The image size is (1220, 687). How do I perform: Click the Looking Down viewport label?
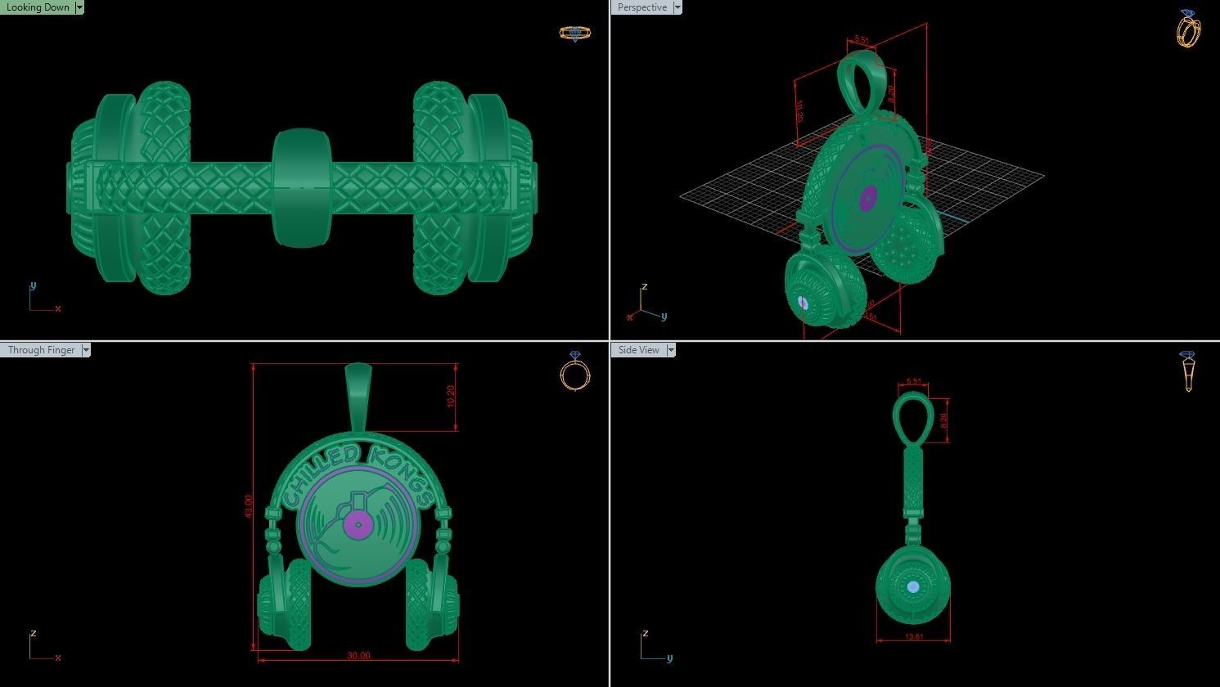(x=38, y=7)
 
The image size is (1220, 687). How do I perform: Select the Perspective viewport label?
(x=642, y=7)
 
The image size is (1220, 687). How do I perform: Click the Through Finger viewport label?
(x=41, y=350)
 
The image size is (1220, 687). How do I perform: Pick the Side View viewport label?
(x=638, y=350)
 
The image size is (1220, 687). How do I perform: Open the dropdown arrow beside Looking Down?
(x=79, y=7)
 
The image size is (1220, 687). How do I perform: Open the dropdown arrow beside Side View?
(x=671, y=350)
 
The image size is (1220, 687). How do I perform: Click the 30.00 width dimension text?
(x=358, y=656)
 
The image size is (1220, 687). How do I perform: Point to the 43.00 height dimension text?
(x=248, y=506)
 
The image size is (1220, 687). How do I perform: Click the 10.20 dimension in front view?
(x=451, y=396)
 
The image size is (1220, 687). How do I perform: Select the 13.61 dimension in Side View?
(x=914, y=637)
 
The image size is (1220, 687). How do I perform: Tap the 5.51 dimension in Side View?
(x=913, y=382)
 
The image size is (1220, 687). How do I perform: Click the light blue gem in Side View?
(x=913, y=587)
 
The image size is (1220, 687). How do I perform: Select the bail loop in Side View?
(x=912, y=418)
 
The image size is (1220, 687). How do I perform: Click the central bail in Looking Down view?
(x=301, y=187)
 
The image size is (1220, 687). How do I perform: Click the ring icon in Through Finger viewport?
(x=574, y=371)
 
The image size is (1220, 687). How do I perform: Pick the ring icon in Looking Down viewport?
(x=574, y=34)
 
